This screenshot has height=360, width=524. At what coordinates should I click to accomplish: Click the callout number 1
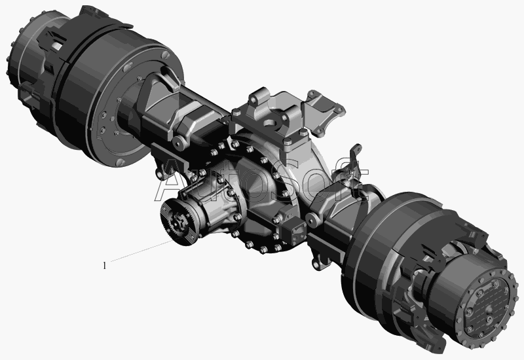pos(105,266)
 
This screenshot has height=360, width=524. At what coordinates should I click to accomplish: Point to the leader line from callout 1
pos(141,251)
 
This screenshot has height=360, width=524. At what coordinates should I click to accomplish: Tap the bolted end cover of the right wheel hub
pos(486,306)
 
